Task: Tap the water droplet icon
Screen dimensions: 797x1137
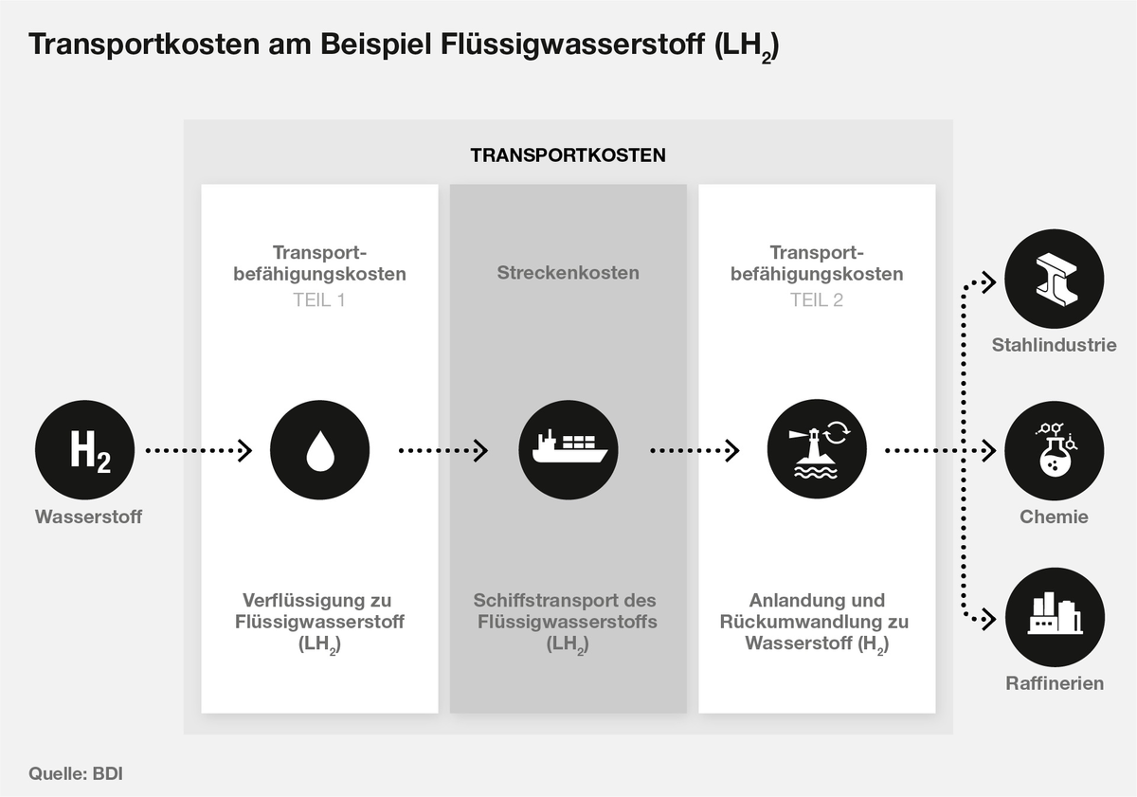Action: pyautogui.click(x=319, y=450)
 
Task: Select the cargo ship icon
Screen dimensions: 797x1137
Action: pyautogui.click(x=568, y=450)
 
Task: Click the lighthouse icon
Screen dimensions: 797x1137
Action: pyautogui.click(x=817, y=450)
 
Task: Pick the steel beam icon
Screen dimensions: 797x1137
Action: pyautogui.click(x=1054, y=280)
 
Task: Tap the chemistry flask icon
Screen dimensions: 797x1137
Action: pyautogui.click(x=1054, y=450)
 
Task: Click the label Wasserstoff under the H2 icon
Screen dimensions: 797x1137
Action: pyautogui.click(x=88, y=517)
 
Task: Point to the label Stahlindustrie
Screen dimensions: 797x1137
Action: pyautogui.click(x=1054, y=345)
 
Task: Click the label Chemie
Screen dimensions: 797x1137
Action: pyautogui.click(x=1054, y=517)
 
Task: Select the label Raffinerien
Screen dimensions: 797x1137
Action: pyautogui.click(x=1054, y=683)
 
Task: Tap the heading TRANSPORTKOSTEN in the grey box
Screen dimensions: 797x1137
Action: pyautogui.click(x=568, y=155)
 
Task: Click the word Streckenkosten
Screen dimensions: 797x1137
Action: pyautogui.click(x=568, y=274)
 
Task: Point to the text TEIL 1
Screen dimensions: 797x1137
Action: pyautogui.click(x=319, y=300)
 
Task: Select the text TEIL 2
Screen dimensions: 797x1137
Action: pyautogui.click(x=817, y=300)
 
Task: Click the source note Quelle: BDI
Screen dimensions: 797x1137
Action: pyautogui.click(x=76, y=773)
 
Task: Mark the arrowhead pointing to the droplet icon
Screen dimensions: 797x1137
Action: pyautogui.click(x=245, y=450)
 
